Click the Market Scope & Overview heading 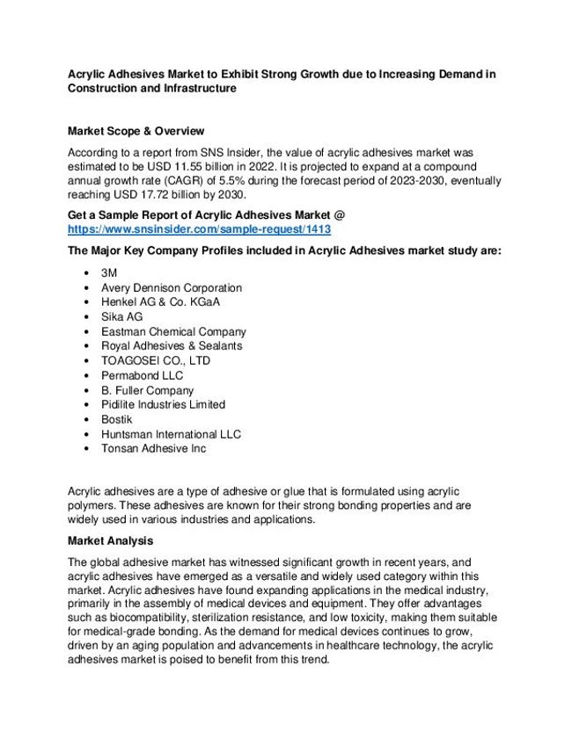tap(136, 130)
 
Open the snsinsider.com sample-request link tap(200, 228)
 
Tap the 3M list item tap(110, 273)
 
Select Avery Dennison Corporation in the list tap(172, 287)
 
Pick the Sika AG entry tap(121, 316)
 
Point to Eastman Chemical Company tap(173, 331)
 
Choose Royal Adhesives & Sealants tap(172, 346)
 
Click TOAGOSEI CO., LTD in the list tap(156, 360)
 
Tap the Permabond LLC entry tap(143, 375)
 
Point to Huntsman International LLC tap(171, 434)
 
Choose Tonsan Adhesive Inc tap(154, 448)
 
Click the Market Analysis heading tap(110, 540)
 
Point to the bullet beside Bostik tap(84, 419)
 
